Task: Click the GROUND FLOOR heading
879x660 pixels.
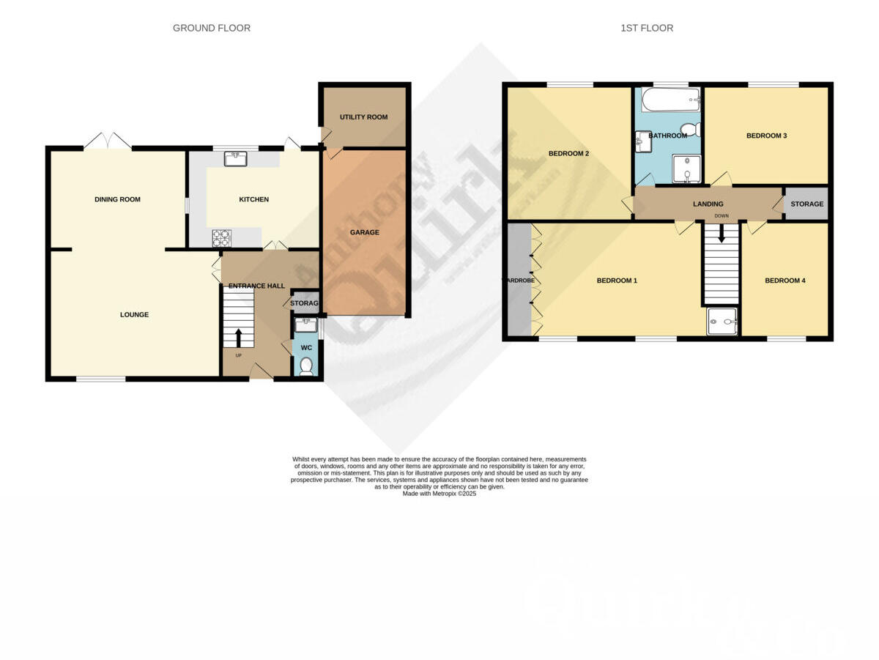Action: [x=211, y=29]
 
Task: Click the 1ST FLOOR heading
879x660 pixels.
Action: [x=646, y=29]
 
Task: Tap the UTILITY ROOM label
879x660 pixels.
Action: [x=363, y=117]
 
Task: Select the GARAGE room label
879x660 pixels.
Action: [x=364, y=232]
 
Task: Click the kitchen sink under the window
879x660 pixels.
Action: [x=235, y=158]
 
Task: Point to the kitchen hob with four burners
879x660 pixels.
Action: [x=221, y=237]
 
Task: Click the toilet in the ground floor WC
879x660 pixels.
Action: [x=306, y=366]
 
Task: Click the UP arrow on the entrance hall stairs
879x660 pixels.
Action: [x=238, y=338]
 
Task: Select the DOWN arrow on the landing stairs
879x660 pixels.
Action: [x=722, y=233]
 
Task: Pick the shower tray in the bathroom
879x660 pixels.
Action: [x=686, y=170]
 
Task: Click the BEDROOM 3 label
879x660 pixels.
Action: [x=766, y=136]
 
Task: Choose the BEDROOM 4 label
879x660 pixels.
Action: [x=785, y=281]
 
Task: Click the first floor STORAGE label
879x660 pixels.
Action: [x=806, y=204]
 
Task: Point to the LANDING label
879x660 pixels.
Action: [x=708, y=204]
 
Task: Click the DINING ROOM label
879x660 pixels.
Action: [x=117, y=199]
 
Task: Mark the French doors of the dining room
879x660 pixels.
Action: [x=108, y=141]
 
